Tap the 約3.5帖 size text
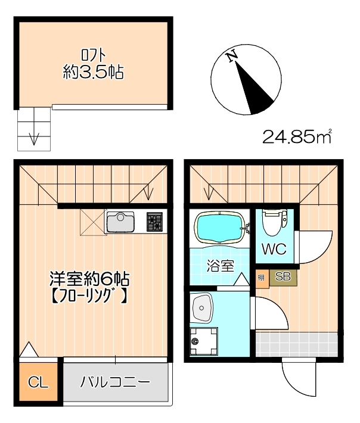[93, 73]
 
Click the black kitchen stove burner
[155, 222]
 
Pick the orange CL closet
[38, 382]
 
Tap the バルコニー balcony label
[116, 382]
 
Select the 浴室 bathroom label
[220, 266]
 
